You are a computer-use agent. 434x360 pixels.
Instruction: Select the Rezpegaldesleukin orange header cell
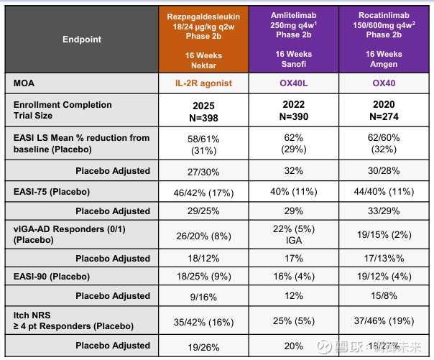pyautogui.click(x=204, y=39)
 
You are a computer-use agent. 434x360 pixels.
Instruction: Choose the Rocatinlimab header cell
pyautogui.click(x=384, y=39)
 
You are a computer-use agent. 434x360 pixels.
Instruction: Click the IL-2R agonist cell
pyautogui.click(x=204, y=83)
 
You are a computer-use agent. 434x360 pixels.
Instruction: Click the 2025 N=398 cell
pyautogui.click(x=204, y=110)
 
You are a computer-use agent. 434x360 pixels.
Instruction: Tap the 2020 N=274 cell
pyautogui.click(x=384, y=110)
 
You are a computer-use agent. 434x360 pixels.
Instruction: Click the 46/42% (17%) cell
pyautogui.click(x=204, y=193)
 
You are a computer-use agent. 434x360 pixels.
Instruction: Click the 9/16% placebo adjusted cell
pyautogui.click(x=204, y=296)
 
